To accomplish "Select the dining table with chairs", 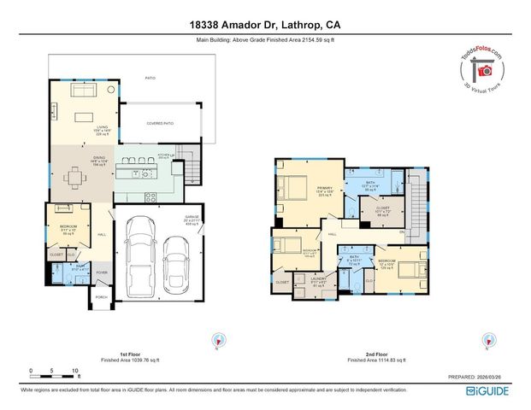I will pos(78,177).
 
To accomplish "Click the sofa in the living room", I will pos(83,90).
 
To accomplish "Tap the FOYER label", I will pos(101,273).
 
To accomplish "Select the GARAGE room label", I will pos(192,219).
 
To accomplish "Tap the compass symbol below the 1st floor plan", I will pos(215,340).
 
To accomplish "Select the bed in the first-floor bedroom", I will pos(63,208).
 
